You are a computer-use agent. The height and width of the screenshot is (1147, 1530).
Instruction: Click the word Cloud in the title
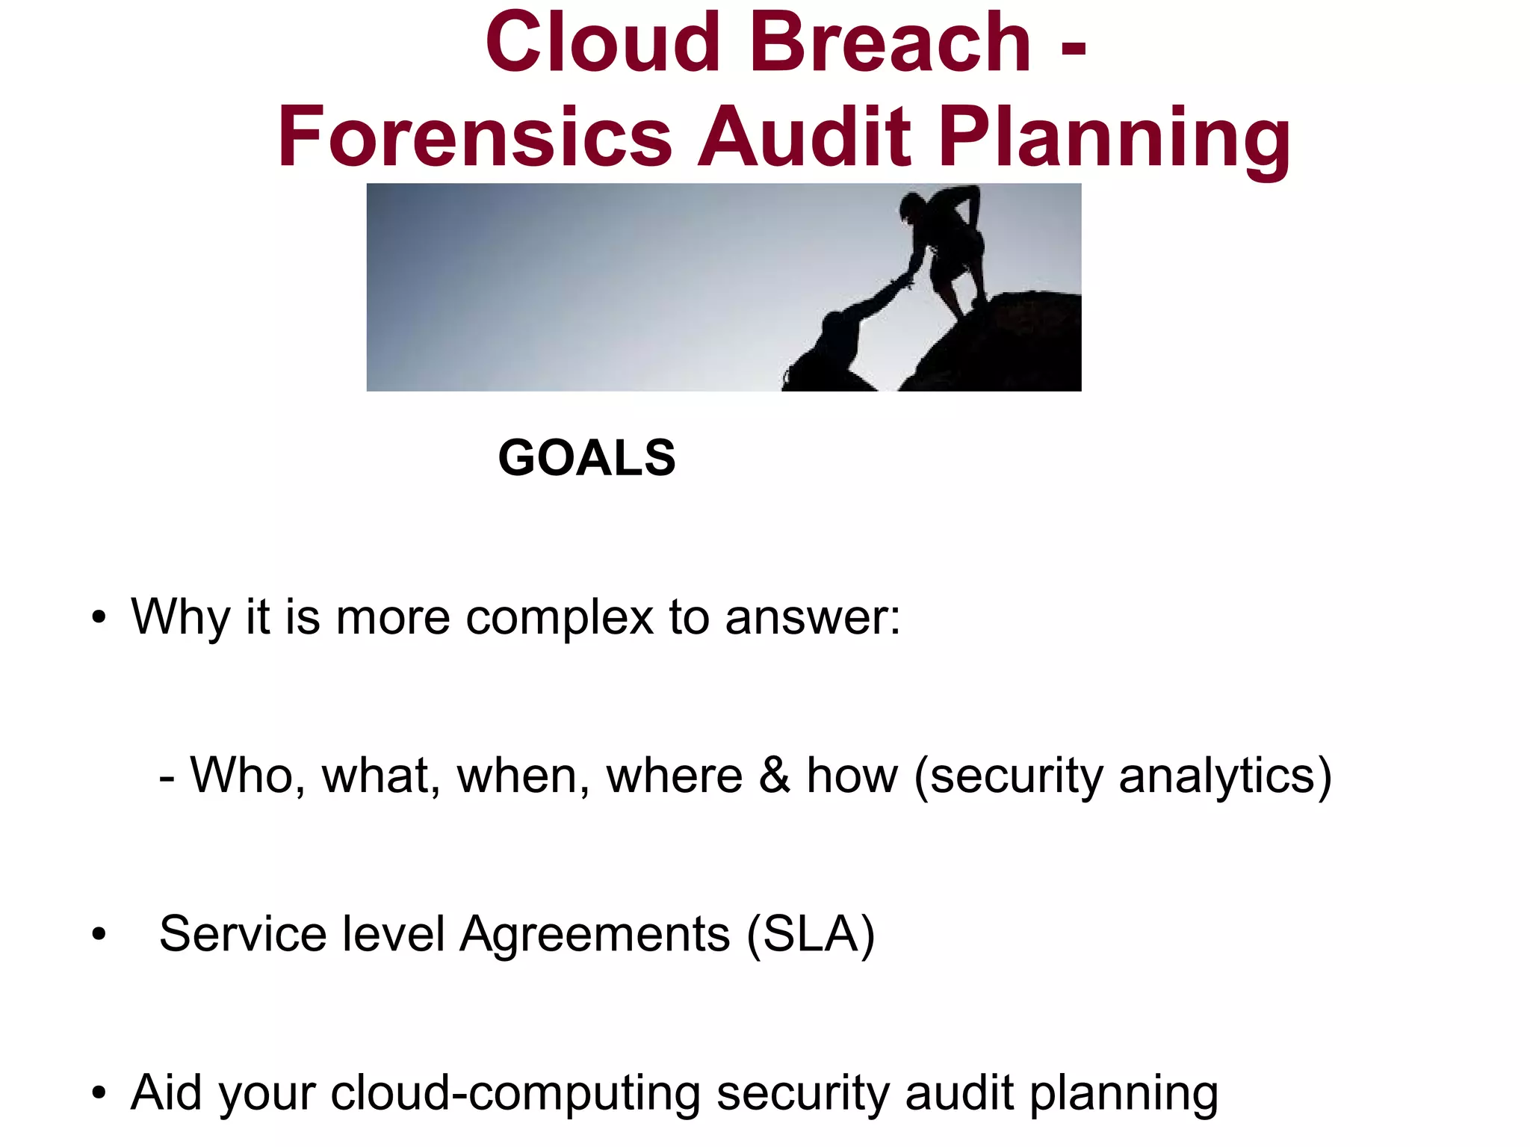602,43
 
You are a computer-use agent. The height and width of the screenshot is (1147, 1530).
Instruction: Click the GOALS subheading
586,457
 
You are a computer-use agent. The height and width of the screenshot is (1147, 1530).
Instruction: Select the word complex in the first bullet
560,619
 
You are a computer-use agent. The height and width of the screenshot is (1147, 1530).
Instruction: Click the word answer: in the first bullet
813,619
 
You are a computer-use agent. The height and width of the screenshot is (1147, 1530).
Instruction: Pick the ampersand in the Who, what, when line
775,775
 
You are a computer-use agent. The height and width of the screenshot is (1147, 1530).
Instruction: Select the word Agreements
595,935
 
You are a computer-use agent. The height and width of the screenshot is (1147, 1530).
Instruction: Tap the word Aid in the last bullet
166,1092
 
